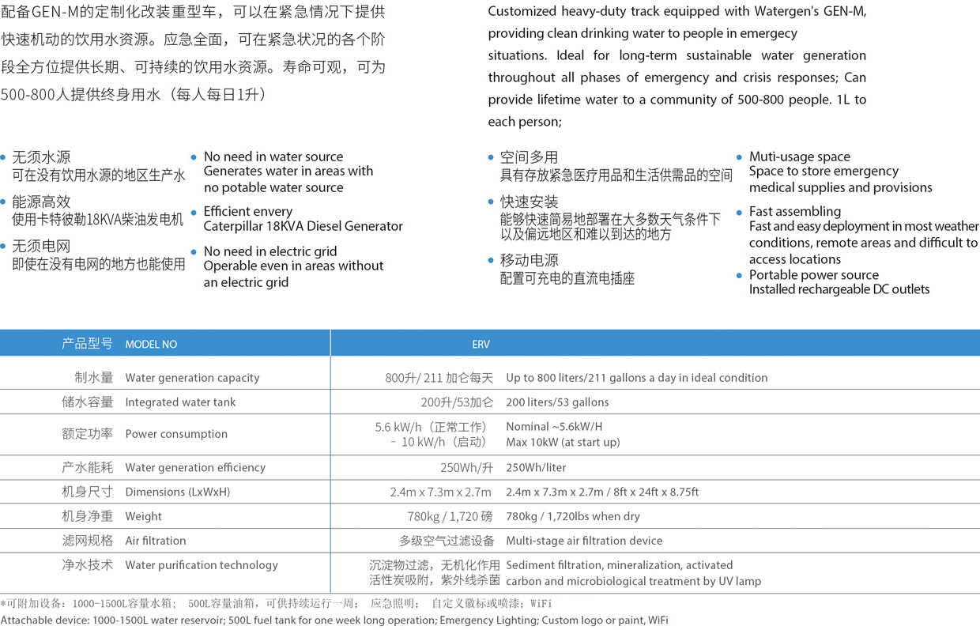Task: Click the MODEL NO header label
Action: click(x=151, y=344)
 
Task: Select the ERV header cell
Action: click(x=481, y=344)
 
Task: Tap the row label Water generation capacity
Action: click(x=192, y=378)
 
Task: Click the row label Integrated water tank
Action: click(x=180, y=402)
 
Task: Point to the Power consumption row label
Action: click(x=176, y=434)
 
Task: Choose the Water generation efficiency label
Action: click(x=195, y=467)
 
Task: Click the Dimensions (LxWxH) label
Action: click(x=178, y=492)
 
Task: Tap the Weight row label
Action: click(x=143, y=516)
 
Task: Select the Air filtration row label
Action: click(x=156, y=541)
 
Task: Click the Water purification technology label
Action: click(x=202, y=565)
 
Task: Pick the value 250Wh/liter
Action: click(x=536, y=467)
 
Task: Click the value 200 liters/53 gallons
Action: click(x=557, y=402)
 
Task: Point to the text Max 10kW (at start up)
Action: click(x=563, y=442)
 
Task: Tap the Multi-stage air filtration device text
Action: click(x=584, y=541)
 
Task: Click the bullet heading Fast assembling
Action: click(x=795, y=211)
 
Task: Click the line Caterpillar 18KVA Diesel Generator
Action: click(x=303, y=226)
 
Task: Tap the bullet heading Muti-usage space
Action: click(x=800, y=157)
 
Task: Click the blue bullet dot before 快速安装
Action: click(x=491, y=202)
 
